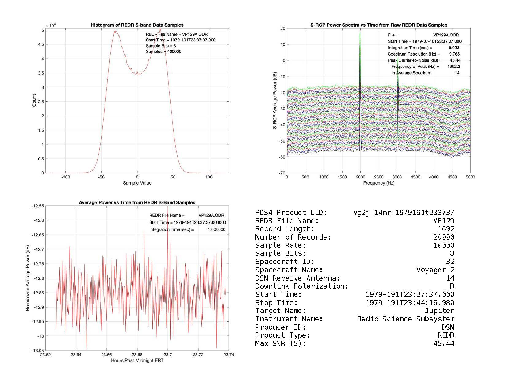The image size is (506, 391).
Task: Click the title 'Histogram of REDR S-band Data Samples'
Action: (x=137, y=25)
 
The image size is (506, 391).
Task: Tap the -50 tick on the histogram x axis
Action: (x=101, y=177)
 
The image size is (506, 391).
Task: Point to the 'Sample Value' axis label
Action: (x=137, y=183)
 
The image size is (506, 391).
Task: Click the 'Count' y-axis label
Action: (x=34, y=101)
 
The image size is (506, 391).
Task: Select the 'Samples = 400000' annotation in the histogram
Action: (x=163, y=52)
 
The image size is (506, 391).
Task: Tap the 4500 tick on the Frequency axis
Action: (x=452, y=177)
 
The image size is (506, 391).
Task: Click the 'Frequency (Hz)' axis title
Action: (x=379, y=183)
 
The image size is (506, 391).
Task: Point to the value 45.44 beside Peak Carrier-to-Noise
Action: (x=455, y=60)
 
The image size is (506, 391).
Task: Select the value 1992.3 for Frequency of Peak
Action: (x=454, y=67)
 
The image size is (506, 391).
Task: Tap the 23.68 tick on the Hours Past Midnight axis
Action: (x=137, y=355)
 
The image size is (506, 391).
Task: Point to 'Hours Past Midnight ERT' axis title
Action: (x=137, y=361)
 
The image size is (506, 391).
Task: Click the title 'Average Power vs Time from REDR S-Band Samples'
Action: (x=137, y=203)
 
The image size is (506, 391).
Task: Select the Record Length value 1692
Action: (x=446, y=229)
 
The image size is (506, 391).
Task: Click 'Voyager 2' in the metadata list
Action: (x=435, y=270)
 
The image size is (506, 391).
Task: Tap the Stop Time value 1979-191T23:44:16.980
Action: (x=410, y=303)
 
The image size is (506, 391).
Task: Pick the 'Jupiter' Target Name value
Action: (x=439, y=311)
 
